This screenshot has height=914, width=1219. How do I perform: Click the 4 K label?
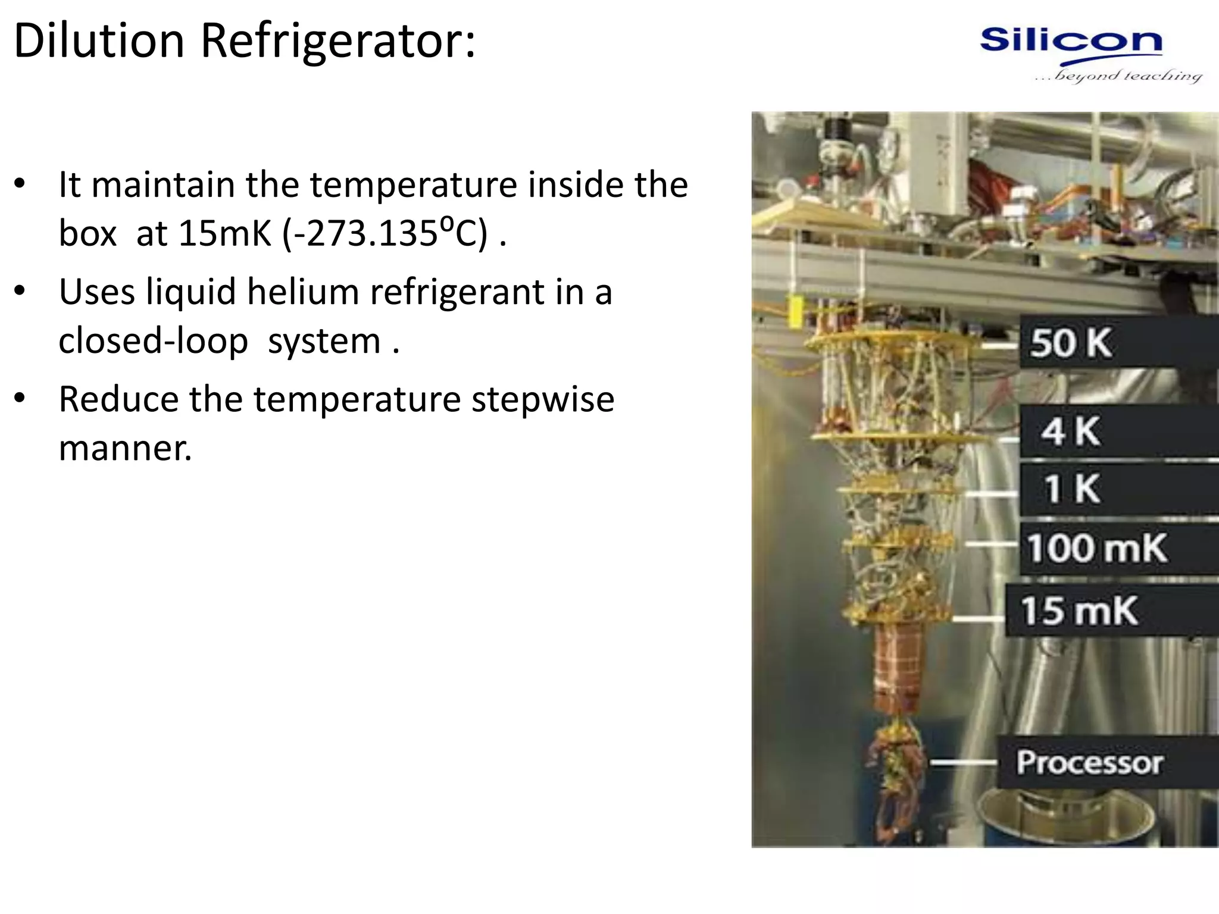[x=1070, y=431]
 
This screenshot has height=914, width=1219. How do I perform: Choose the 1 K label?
[x=1071, y=489]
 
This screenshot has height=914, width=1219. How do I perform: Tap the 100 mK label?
[x=1096, y=548]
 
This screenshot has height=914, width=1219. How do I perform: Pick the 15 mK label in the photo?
[x=1079, y=611]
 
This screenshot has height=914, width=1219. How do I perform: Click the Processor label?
[x=1089, y=763]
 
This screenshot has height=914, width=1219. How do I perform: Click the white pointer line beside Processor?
[x=962, y=763]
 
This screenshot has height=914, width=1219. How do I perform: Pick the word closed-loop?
[x=154, y=341]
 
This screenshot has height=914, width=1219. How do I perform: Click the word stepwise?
[x=543, y=399]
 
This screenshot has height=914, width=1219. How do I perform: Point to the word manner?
[x=125, y=448]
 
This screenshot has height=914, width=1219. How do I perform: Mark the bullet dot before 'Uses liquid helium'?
[x=20, y=292]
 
